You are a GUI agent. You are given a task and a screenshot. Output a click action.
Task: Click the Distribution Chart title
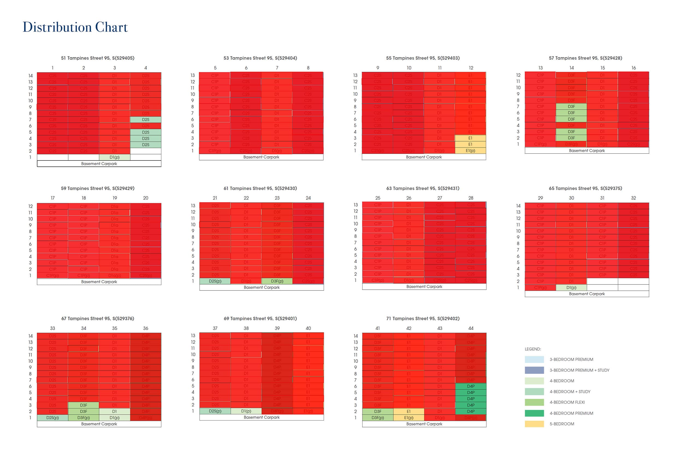click(75, 28)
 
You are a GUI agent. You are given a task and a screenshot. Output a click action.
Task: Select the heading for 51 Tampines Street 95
click(97, 58)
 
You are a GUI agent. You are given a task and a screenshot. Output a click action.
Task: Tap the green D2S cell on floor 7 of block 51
click(146, 120)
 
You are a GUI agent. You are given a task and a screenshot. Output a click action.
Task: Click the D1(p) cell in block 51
click(114, 157)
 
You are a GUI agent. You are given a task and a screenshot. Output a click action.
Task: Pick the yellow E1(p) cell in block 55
click(470, 151)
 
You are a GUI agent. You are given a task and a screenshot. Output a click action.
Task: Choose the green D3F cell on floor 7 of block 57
click(571, 107)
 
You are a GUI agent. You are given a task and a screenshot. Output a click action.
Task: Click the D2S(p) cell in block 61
click(215, 281)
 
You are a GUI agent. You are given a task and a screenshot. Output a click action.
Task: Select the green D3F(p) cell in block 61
click(277, 281)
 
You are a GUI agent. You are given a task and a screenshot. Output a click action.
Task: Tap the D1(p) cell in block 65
click(571, 287)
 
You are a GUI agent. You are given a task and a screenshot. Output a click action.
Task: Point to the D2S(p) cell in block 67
click(52, 418)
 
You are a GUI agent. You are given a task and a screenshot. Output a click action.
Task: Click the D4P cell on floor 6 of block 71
click(471, 386)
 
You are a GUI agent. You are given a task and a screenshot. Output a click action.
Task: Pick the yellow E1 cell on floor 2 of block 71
click(408, 412)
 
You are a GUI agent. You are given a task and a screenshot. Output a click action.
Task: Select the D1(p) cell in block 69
click(246, 411)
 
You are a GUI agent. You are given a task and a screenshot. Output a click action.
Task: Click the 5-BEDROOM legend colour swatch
click(534, 424)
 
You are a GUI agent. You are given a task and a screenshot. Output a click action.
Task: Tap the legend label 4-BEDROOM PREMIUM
click(571, 413)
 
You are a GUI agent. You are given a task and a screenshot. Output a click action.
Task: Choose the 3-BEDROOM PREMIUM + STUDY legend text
click(579, 370)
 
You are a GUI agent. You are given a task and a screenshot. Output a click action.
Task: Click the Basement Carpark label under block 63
click(424, 287)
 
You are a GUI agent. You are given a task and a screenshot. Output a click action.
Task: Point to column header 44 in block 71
click(471, 328)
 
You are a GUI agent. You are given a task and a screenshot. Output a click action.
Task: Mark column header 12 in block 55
click(471, 68)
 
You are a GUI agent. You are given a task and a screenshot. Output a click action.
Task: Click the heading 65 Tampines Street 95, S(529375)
click(585, 188)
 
